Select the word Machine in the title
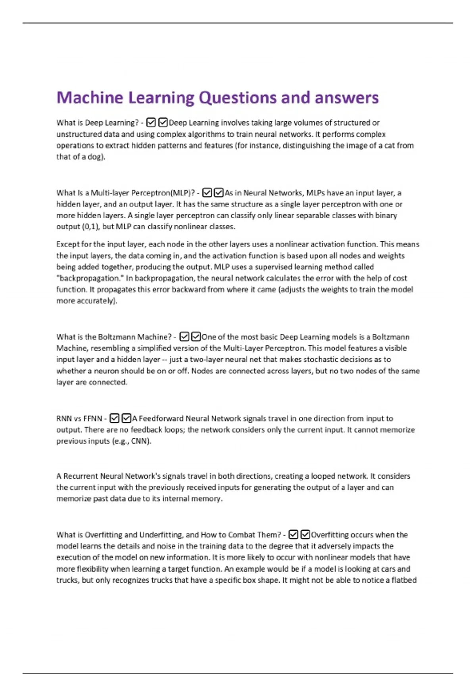pyautogui.click(x=90, y=98)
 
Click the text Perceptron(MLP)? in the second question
pyautogui.click(x=163, y=193)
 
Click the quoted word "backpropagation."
pyautogui.click(x=90, y=278)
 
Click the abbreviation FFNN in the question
pyautogui.click(x=93, y=419)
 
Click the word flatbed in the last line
pyautogui.click(x=404, y=580)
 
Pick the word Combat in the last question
pyautogui.click(x=242, y=535)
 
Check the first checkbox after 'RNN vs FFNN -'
pyautogui.click(x=114, y=418)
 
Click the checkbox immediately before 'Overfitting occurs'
pyautogui.click(x=305, y=535)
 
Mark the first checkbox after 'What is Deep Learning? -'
pyautogui.click(x=151, y=123)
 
